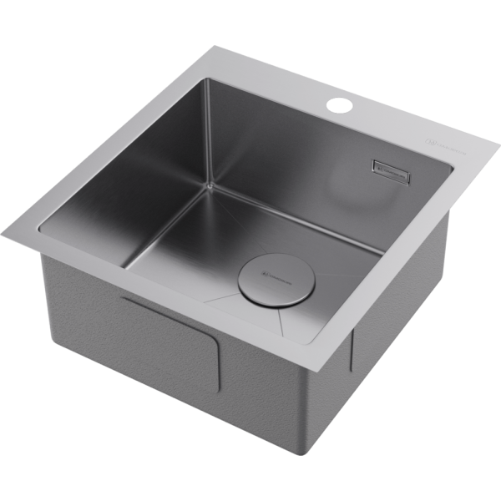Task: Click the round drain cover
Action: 274,281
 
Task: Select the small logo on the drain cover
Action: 274,276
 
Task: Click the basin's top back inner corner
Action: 205,80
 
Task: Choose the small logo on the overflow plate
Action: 383,171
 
